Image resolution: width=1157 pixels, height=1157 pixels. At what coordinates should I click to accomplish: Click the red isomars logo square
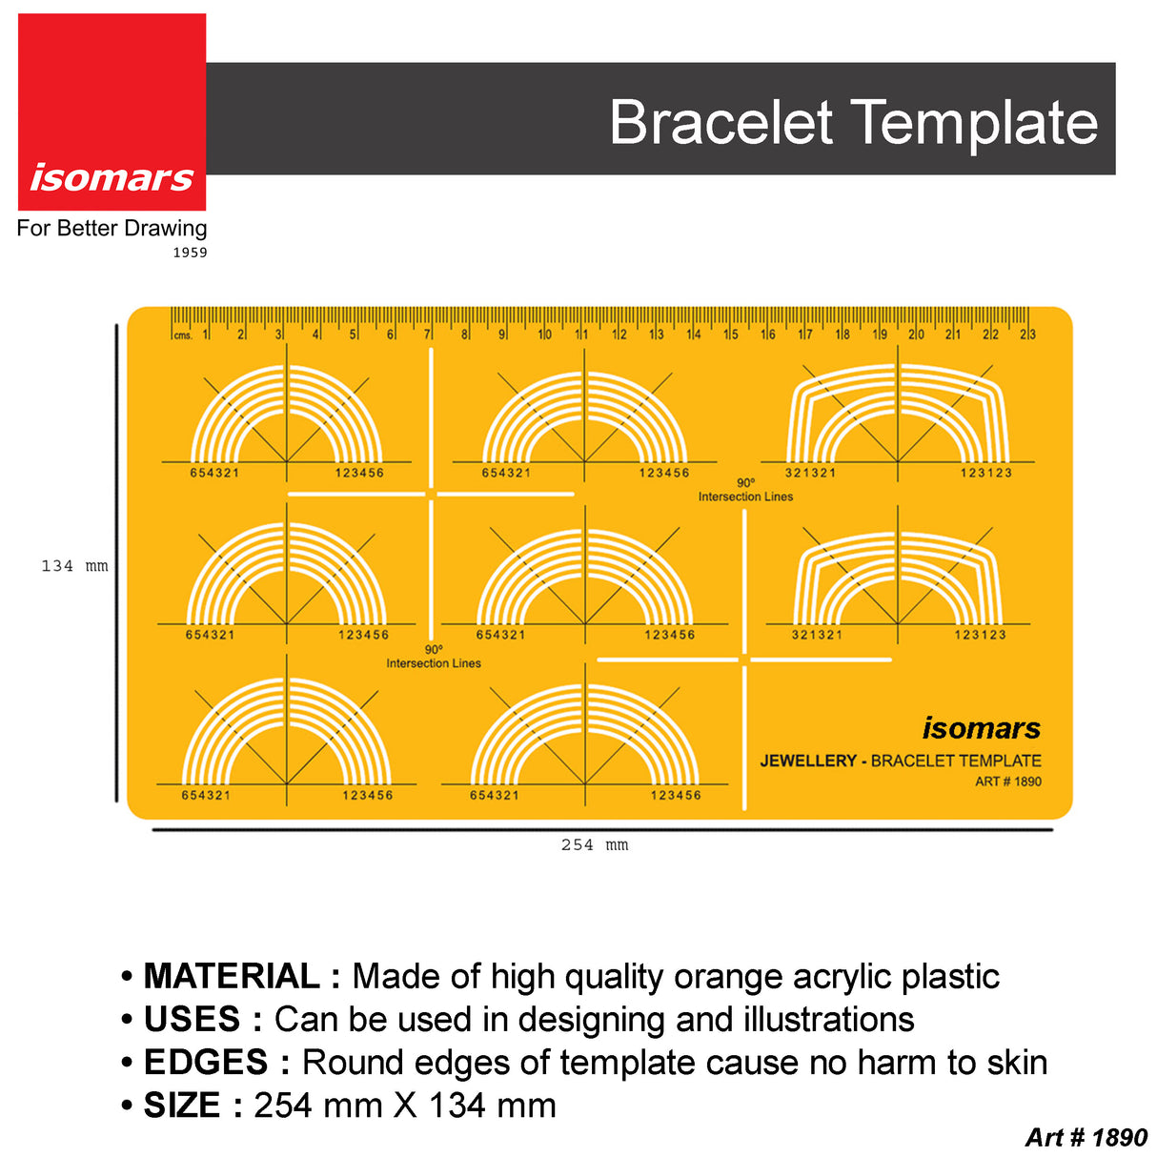(x=112, y=112)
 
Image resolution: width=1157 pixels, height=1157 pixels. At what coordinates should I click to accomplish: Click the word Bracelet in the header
(x=721, y=122)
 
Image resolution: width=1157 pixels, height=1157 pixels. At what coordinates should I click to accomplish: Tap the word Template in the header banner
(x=974, y=122)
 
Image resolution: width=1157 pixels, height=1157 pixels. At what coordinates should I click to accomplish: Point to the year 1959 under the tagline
(x=190, y=253)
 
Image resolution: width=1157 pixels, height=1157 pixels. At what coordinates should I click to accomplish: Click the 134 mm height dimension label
(x=74, y=566)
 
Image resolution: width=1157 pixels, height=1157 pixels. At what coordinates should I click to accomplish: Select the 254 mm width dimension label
(x=595, y=845)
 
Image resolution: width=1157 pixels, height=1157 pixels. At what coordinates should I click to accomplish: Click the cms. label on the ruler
(x=182, y=335)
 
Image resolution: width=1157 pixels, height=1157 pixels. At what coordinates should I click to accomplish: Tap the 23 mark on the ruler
(x=1027, y=335)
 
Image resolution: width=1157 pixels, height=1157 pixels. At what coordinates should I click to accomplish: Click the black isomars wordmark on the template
(x=981, y=728)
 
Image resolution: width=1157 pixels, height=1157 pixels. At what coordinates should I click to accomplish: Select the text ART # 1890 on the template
(x=1007, y=781)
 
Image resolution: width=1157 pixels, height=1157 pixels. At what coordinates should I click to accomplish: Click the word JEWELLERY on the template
(x=808, y=761)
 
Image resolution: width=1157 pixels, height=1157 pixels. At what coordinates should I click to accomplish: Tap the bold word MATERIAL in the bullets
(x=232, y=977)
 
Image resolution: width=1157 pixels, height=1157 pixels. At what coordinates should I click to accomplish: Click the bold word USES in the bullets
(x=192, y=1020)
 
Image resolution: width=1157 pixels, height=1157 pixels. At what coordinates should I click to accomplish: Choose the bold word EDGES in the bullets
(x=206, y=1063)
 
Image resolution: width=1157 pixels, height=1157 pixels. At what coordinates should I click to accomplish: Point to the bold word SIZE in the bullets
(x=181, y=1106)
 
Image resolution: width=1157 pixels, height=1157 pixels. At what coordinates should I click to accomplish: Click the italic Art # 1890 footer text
(x=1086, y=1138)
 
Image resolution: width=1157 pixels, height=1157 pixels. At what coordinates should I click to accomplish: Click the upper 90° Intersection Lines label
(x=745, y=490)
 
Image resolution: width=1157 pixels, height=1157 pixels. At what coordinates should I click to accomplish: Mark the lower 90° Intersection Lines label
(x=434, y=657)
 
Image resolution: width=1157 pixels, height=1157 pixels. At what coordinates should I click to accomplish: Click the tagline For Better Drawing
(x=112, y=229)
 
